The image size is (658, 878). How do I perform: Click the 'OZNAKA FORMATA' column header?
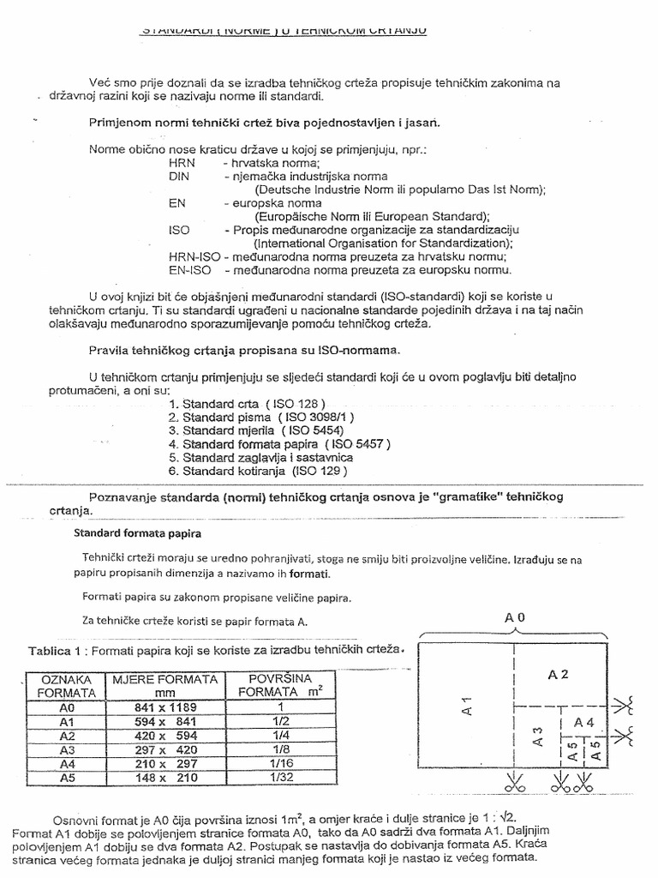tap(64, 687)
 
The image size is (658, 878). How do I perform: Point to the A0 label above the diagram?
tap(514, 617)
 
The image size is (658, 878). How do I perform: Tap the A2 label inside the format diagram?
tap(559, 674)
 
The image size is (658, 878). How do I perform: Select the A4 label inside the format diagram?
tap(584, 722)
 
